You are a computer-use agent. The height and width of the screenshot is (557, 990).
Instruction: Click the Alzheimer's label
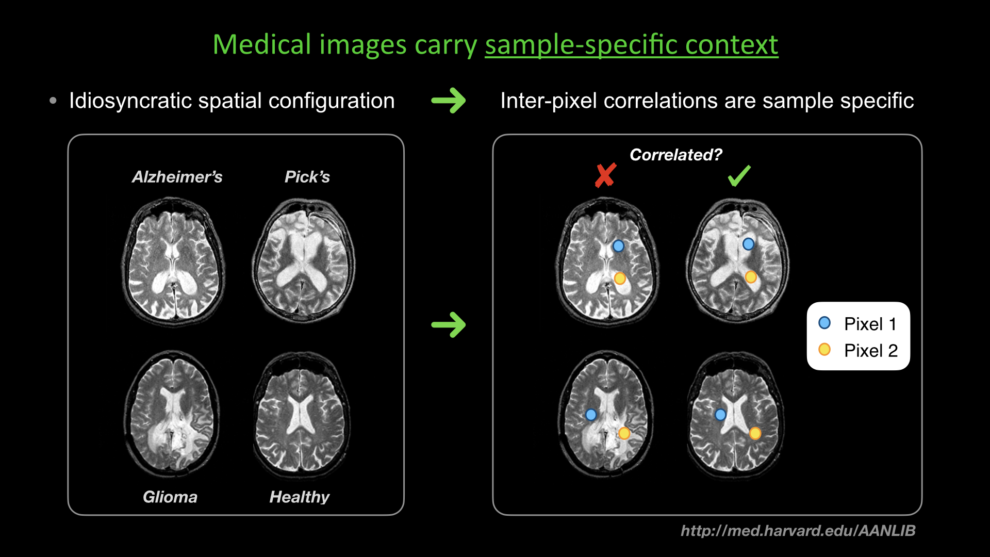pos(177,177)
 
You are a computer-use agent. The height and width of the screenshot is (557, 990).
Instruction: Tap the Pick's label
pos(307,177)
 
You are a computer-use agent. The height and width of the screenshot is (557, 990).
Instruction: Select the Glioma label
pos(170,497)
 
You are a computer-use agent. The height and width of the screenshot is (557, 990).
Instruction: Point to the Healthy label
pos(299,497)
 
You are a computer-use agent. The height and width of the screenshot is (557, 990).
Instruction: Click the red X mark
pos(605,175)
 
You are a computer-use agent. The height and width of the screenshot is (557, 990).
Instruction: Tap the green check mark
pos(739,176)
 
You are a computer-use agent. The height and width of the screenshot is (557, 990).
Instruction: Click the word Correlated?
pos(675,155)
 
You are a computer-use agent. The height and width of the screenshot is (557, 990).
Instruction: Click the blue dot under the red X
pos(618,247)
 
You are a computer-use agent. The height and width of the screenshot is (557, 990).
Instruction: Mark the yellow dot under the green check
pos(751,277)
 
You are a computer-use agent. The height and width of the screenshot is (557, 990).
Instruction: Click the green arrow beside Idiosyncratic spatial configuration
pos(449,101)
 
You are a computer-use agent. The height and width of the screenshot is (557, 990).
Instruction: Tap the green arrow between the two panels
pos(449,325)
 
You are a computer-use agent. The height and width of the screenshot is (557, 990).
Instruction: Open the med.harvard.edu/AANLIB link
pos(798,531)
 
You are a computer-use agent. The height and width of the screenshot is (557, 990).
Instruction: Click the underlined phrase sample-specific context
pos(631,45)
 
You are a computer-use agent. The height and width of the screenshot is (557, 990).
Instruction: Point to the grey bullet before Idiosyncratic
pos(53,101)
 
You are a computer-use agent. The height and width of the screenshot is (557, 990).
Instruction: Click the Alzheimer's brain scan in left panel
pos(173,260)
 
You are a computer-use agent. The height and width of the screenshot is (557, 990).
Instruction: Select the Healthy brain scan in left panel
pos(301,415)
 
